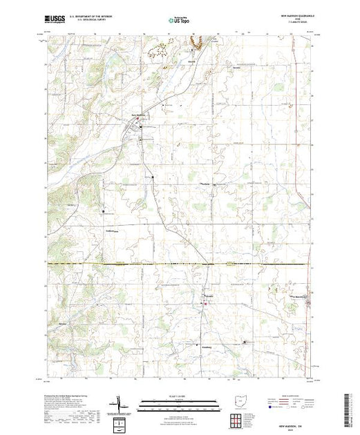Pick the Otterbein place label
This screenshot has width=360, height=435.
205,183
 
